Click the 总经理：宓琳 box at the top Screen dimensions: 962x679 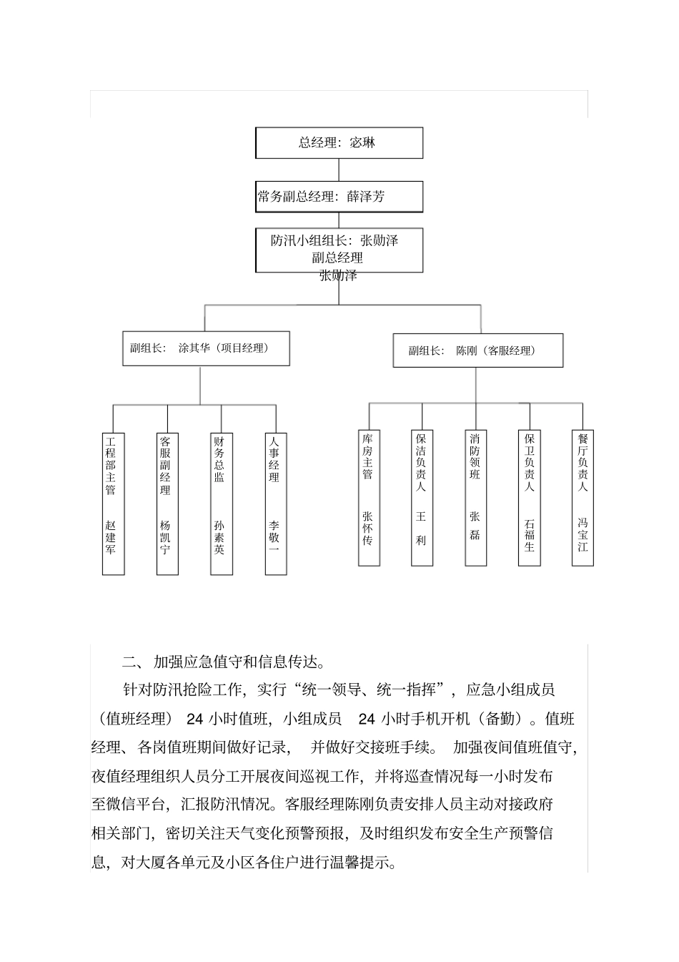[339, 143]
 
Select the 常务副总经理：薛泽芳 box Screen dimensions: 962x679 [339, 197]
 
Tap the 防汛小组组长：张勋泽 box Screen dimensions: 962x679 [339, 250]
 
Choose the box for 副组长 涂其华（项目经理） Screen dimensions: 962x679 [206, 349]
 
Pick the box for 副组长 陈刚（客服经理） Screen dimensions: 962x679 [477, 351]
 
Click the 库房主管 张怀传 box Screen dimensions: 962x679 [369, 498]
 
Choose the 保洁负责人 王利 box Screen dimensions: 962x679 [422, 498]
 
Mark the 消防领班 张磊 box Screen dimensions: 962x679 [476, 498]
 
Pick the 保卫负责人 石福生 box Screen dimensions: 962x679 [530, 498]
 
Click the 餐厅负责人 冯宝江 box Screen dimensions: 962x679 [583, 498]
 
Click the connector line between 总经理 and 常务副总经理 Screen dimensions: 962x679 [339, 170]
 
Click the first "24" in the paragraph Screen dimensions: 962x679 [195, 718]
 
